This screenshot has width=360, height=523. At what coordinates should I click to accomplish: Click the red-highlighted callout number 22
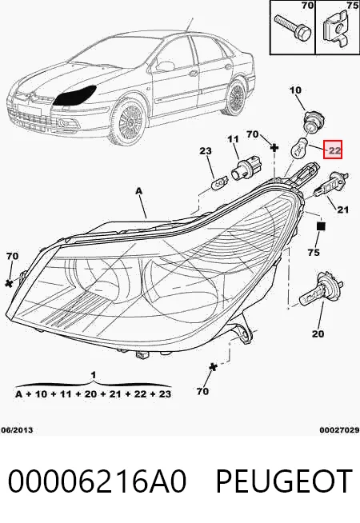point(334,151)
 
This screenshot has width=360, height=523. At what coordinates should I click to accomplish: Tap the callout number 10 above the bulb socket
point(295,90)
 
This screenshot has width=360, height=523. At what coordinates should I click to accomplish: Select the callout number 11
point(233,139)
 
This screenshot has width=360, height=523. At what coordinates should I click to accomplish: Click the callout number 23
point(206,151)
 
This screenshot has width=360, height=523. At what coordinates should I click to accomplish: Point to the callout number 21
point(342,210)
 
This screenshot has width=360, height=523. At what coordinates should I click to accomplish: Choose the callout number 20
point(318,333)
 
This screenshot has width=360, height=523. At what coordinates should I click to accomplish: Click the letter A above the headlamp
point(139,191)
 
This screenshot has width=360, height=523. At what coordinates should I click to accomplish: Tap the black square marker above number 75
point(321,226)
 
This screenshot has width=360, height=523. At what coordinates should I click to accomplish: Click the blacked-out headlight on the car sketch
point(75,96)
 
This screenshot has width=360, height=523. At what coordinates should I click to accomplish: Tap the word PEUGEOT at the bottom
point(284,481)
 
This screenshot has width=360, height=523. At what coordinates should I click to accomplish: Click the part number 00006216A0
point(97,481)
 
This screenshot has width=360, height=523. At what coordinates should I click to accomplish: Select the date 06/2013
point(17,430)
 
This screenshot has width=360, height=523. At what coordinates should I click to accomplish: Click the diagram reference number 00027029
point(340,430)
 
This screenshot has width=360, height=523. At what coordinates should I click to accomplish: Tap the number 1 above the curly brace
point(94,375)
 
